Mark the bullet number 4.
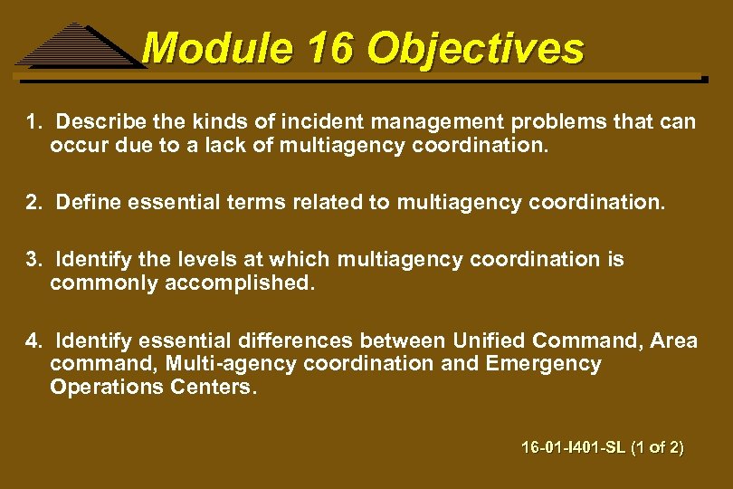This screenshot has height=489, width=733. [33, 341]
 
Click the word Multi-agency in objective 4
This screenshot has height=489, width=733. [195, 364]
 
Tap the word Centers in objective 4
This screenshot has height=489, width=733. [213, 388]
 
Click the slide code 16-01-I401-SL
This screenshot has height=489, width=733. [570, 447]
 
